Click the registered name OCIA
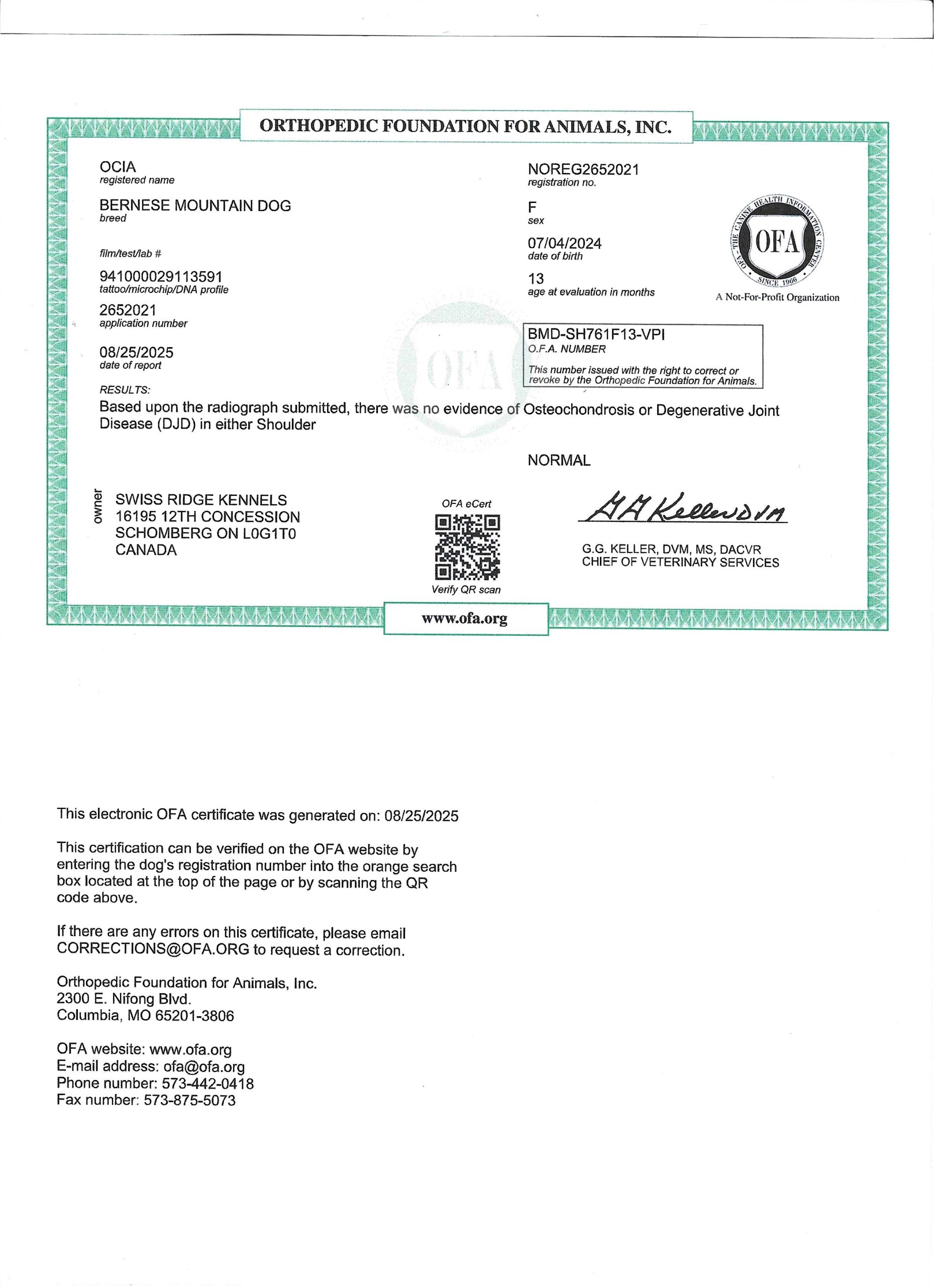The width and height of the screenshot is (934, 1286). pos(118,167)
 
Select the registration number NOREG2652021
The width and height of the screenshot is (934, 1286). pos(583,169)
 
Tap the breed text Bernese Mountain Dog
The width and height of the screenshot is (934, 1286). pos(195,205)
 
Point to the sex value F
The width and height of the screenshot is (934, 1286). pos(532,207)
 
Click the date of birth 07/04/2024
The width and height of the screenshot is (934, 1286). pos(564,243)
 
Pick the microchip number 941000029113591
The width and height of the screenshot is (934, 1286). pos(161,277)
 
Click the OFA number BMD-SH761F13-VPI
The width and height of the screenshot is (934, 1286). pos(596,335)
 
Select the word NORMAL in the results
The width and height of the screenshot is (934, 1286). pos(559,461)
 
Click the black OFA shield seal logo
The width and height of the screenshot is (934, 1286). pos(776,242)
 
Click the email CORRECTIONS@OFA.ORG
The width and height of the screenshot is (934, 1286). pos(153,950)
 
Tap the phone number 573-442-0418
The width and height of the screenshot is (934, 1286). pos(207,1083)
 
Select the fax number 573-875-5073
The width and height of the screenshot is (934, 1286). pos(189,1100)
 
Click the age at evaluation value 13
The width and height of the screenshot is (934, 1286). pos(536,278)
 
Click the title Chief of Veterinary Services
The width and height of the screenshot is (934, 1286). pos(680,562)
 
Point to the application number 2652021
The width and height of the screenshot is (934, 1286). pos(128,310)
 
